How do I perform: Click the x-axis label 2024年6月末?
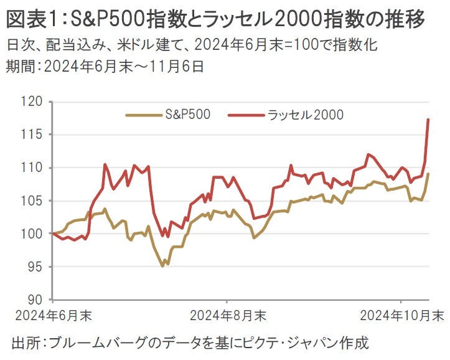point(54,315)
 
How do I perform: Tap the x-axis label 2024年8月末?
point(228,315)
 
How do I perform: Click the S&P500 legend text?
point(187,114)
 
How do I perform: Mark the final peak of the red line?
point(428,119)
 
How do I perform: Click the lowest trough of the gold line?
point(162,266)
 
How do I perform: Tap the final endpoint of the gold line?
point(428,174)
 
